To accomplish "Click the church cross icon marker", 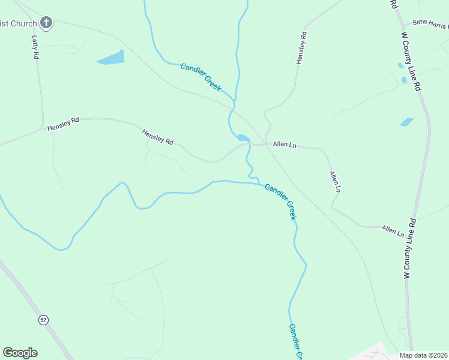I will (x=46, y=23).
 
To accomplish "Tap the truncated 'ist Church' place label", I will (x=19, y=24).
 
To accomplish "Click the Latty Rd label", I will (x=35, y=47).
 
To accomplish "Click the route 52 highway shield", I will (x=43, y=320).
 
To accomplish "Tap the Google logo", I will (x=20, y=353).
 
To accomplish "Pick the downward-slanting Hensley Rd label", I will (x=157, y=137).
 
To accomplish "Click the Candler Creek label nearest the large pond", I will (x=201, y=77).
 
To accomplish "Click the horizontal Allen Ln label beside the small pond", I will (x=285, y=145).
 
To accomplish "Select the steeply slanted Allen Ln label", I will (x=335, y=181).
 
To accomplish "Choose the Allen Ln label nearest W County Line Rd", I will (x=393, y=230).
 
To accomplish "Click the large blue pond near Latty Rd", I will (x=111, y=58).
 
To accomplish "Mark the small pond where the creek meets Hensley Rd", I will (x=243, y=138).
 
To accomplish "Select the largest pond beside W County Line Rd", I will (x=407, y=122).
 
